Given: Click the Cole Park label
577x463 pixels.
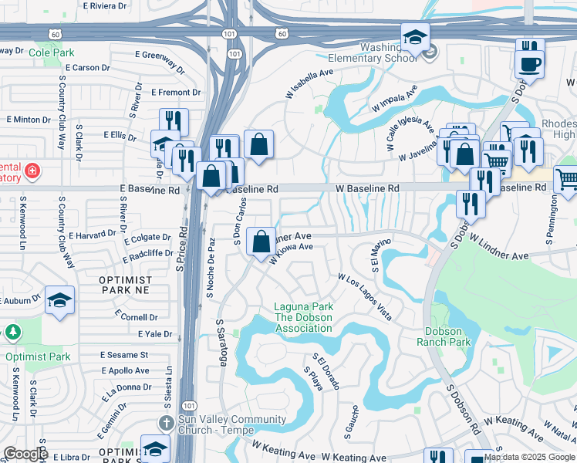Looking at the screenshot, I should click(x=51, y=52).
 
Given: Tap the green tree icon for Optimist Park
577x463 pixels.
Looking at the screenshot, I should click(x=13, y=333).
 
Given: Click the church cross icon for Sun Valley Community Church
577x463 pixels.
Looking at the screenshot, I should click(x=165, y=422).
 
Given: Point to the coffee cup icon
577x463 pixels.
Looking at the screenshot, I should click(x=530, y=64).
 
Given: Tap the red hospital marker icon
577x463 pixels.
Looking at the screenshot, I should click(x=32, y=169).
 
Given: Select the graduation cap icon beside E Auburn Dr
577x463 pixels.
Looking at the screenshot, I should click(x=59, y=301).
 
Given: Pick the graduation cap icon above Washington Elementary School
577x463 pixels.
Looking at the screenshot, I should click(x=415, y=37).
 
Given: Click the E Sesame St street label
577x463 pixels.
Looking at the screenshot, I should click(x=124, y=355).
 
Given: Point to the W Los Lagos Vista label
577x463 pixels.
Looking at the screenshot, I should click(x=365, y=297).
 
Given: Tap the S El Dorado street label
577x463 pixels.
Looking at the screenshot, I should click(x=327, y=372).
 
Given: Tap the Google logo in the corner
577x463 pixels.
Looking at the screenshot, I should click(x=25, y=454).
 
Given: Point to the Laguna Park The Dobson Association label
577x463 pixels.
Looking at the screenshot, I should click(x=304, y=318).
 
